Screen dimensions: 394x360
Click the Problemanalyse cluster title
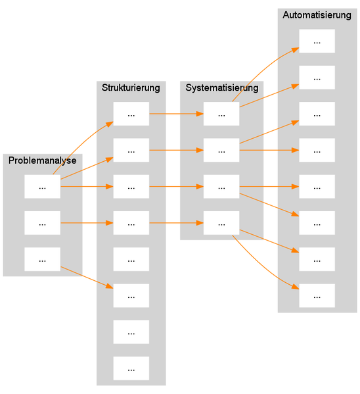(x=42, y=160)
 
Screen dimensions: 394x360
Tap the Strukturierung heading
(x=131, y=87)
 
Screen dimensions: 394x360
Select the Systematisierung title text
(x=221, y=87)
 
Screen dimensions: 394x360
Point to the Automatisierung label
(x=317, y=15)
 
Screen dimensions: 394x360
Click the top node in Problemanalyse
(x=42, y=187)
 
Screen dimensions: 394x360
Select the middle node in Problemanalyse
(x=42, y=223)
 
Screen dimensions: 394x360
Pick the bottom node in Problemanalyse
(x=42, y=260)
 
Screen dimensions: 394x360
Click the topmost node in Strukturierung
(x=131, y=114)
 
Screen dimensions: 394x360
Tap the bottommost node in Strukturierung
(x=131, y=368)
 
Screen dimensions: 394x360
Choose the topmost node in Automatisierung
(x=317, y=41)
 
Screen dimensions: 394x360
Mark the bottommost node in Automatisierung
(x=317, y=296)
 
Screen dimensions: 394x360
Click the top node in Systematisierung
(x=221, y=114)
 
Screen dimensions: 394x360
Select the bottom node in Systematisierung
(x=221, y=223)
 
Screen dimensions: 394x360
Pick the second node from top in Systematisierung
(x=221, y=151)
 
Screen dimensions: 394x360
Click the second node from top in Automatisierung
(x=317, y=78)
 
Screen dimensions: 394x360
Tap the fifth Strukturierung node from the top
(x=131, y=260)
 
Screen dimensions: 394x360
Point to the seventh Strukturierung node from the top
(x=131, y=332)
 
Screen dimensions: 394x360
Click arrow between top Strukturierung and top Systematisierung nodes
(x=176, y=114)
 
